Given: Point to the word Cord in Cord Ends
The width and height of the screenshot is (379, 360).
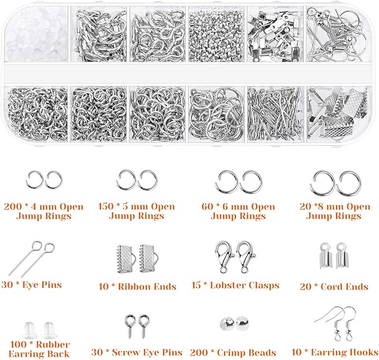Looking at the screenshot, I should [334, 287].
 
